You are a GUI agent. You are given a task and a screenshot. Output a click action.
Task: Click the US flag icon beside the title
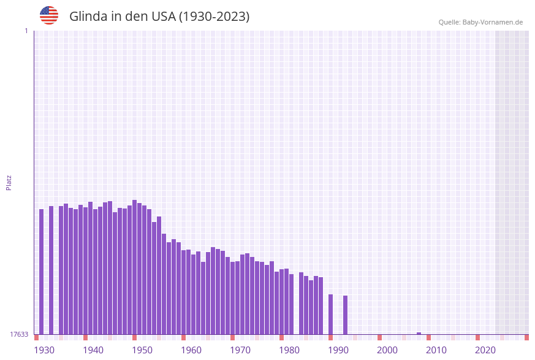pyautogui.click(x=49, y=15)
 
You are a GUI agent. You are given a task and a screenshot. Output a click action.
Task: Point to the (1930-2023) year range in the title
pyautogui.click(x=214, y=17)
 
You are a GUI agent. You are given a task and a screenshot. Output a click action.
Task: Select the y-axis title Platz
pyautogui.click(x=9, y=182)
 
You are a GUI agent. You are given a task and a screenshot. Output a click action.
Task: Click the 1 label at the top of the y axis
pyautogui.click(x=26, y=31)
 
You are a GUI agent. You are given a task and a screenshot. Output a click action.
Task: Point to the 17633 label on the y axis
pyautogui.click(x=19, y=334)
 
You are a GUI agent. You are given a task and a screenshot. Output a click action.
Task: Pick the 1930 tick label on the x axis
pyautogui.click(x=44, y=350)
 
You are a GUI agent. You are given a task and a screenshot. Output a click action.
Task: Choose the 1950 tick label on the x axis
pyautogui.click(x=142, y=350)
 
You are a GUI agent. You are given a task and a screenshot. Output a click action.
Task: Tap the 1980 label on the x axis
pyautogui.click(x=289, y=350)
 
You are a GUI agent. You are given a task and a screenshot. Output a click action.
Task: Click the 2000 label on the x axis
pyautogui.click(x=387, y=350)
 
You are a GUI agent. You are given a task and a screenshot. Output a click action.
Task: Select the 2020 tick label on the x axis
pyautogui.click(x=485, y=350)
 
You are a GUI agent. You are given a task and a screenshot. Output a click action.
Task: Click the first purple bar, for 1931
pyautogui.click(x=42, y=272)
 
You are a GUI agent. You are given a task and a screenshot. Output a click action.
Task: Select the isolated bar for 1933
pyautogui.click(x=51, y=270)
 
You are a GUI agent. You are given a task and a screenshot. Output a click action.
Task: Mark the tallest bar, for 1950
pyautogui.click(x=135, y=267)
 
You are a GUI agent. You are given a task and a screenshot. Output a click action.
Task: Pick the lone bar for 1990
pyautogui.click(x=331, y=314)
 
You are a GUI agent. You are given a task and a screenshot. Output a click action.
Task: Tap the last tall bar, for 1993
pyautogui.click(x=346, y=315)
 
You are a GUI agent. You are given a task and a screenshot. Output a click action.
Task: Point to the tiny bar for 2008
pyautogui.click(x=419, y=334)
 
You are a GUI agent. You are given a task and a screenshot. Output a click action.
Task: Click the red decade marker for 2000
pyautogui.click(x=380, y=337)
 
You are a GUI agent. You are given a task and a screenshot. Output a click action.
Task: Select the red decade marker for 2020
pyautogui.click(x=478, y=337)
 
